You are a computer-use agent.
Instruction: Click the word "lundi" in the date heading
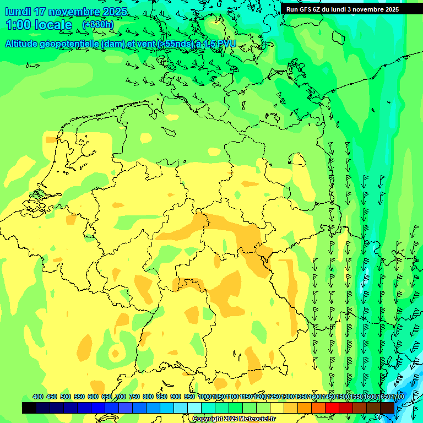tap(18, 12)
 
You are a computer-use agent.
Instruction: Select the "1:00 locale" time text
tap(39, 25)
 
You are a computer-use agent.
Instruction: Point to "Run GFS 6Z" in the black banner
tap(303, 9)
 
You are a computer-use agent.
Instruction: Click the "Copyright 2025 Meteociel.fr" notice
tap(234, 419)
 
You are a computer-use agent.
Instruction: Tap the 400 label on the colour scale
tap(38, 397)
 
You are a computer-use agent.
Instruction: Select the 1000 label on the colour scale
tap(204, 397)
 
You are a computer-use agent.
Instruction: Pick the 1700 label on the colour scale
tap(398, 397)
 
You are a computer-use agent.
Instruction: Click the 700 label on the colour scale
tap(121, 397)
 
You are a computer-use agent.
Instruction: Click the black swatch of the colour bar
tap(29, 408)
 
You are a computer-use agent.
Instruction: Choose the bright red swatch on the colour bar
tap(332, 408)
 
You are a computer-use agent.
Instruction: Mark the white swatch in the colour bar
tap(194, 408)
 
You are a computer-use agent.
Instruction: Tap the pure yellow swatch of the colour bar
tap(277, 408)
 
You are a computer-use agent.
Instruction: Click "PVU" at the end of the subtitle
tap(225, 44)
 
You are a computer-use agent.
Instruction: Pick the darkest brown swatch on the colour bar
tap(387, 408)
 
